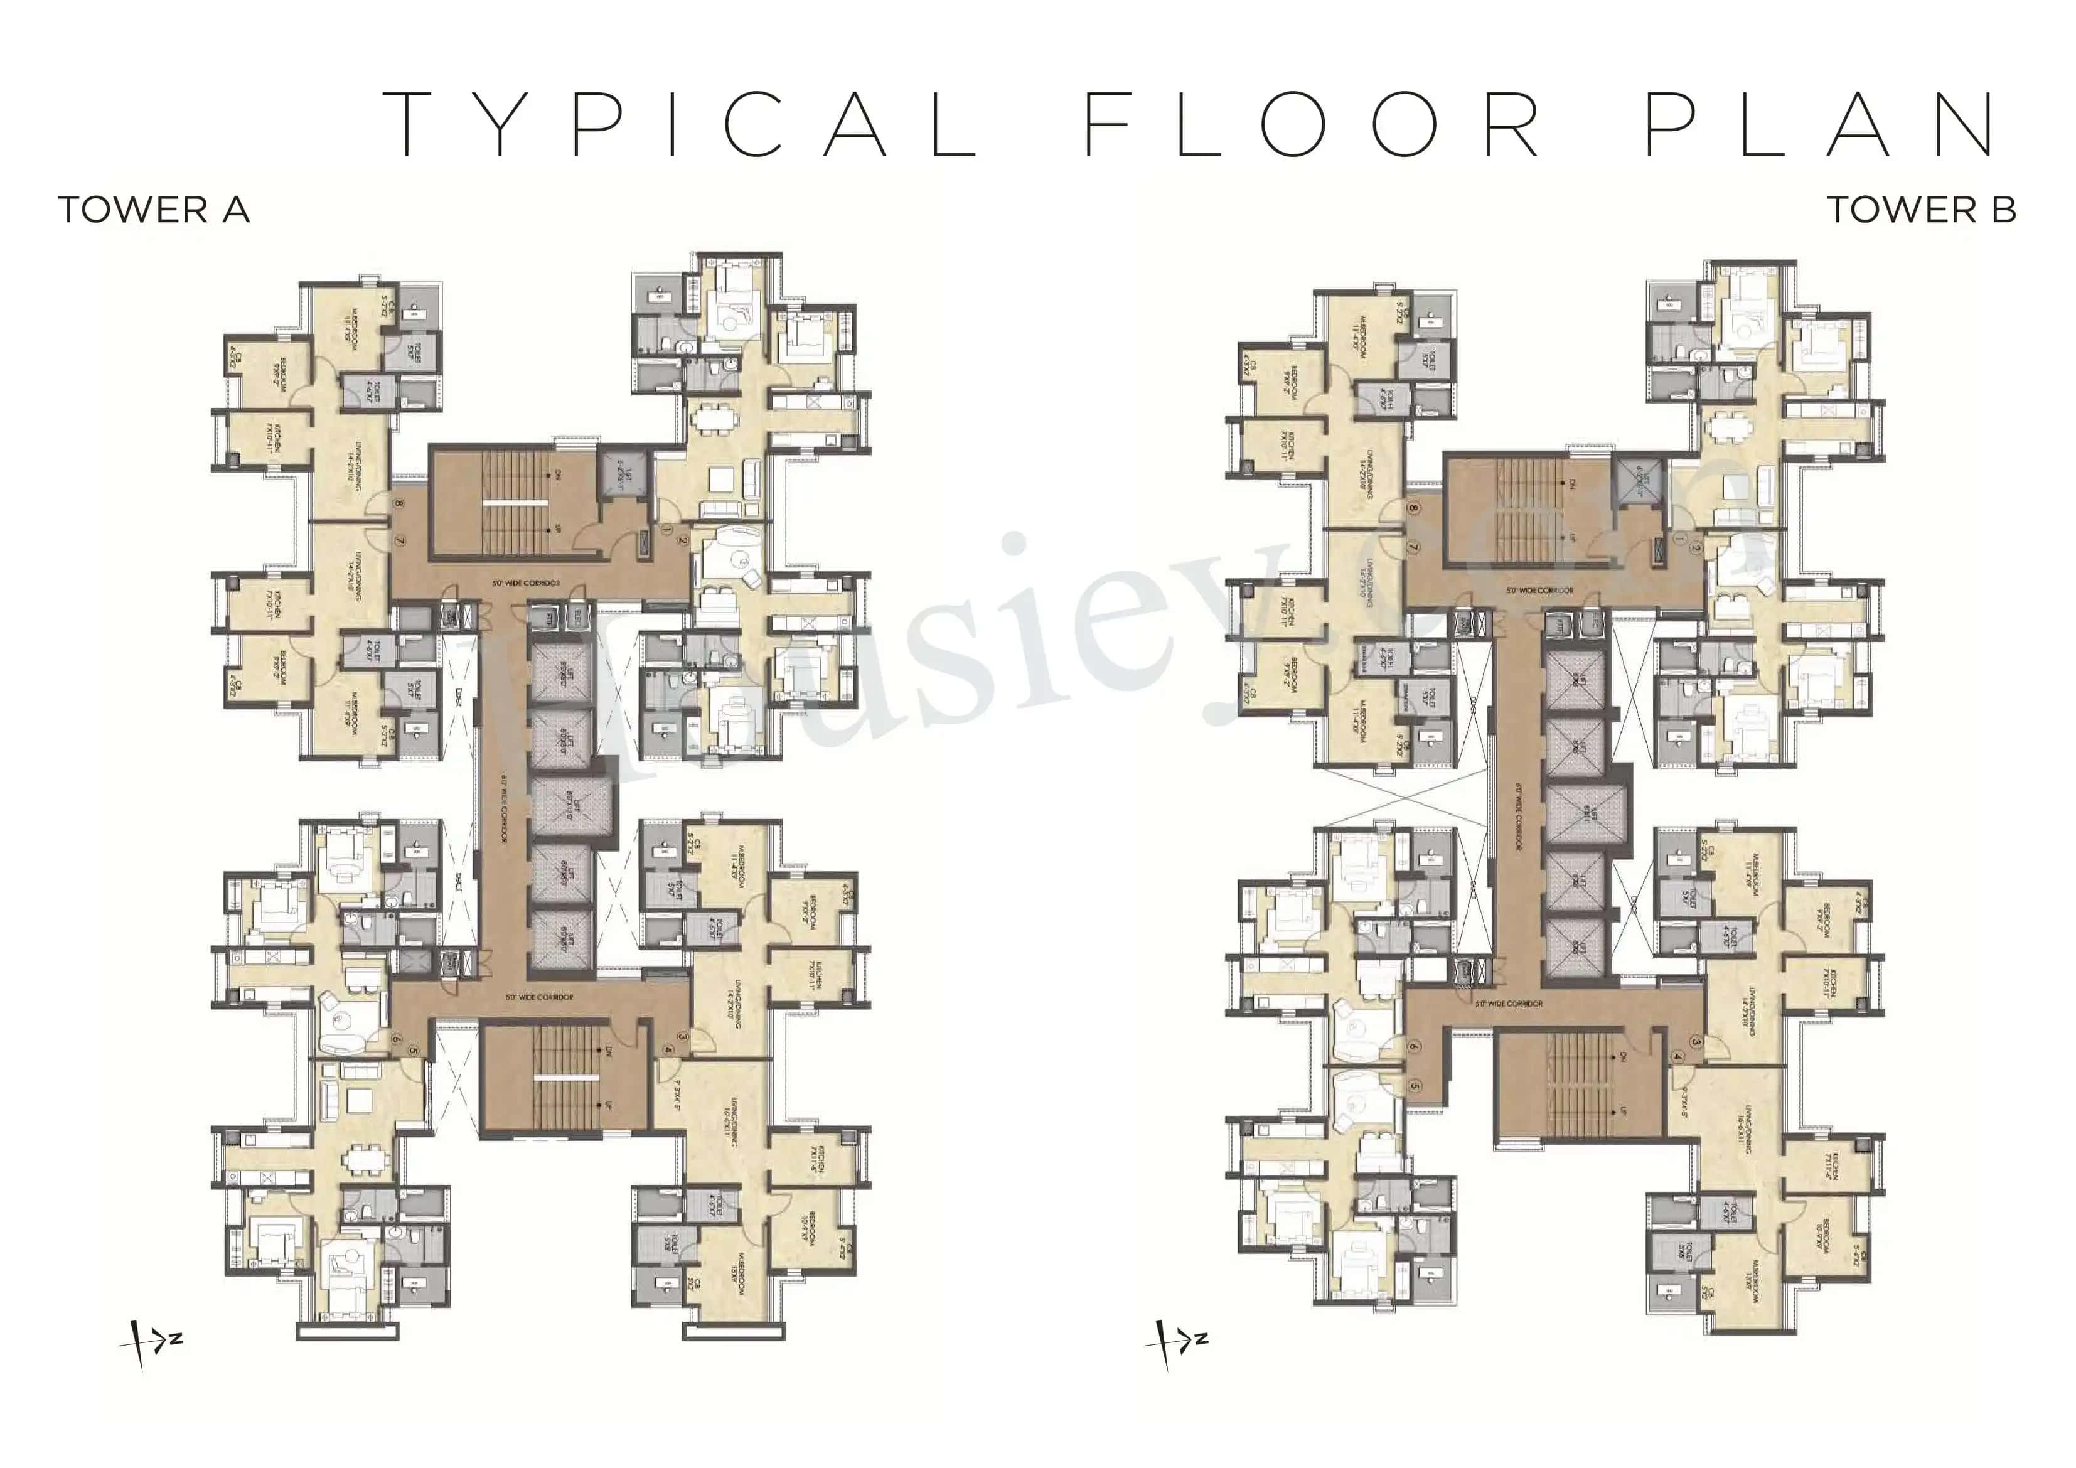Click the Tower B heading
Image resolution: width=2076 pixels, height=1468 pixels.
(x=1920, y=210)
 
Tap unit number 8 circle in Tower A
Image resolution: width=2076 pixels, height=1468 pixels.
(x=399, y=504)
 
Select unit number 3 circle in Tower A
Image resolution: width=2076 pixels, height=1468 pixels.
(x=683, y=1038)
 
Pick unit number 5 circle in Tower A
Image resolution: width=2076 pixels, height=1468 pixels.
(x=413, y=1050)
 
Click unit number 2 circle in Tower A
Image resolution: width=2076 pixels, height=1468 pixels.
(x=683, y=542)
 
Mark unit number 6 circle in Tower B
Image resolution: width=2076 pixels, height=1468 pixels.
(x=1414, y=1046)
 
